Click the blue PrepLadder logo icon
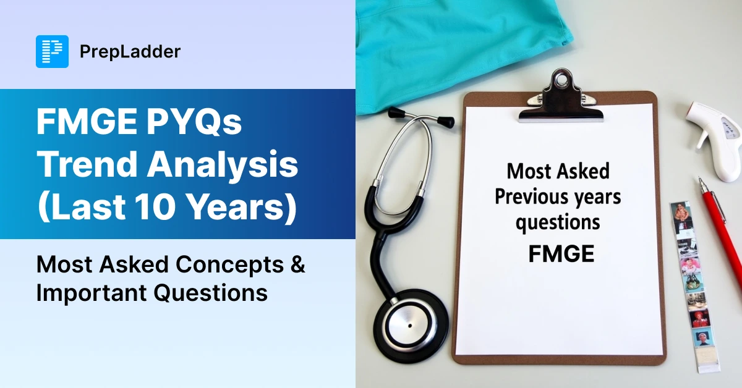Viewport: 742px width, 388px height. click(53, 52)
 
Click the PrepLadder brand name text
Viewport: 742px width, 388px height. click(130, 52)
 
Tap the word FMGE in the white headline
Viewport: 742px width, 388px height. click(87, 122)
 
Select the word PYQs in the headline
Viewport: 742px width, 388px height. click(194, 123)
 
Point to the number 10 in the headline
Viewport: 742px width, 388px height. click(155, 206)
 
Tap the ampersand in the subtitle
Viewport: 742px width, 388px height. click(298, 264)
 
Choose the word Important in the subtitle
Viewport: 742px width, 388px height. click(92, 293)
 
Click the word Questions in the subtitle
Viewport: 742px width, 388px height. click(211, 293)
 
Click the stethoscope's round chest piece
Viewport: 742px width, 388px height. click(411, 326)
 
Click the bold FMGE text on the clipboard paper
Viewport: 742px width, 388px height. click(561, 254)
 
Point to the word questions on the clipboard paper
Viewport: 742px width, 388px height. click(558, 223)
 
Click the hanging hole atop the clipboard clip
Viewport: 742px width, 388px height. click(561, 80)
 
